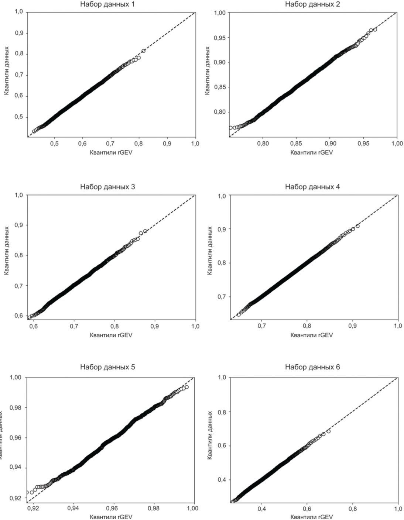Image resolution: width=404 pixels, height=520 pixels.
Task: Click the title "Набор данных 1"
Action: point(107,5)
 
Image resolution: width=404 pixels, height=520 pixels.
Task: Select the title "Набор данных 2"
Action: point(312,4)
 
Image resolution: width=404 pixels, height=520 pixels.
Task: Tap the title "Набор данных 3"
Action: point(107,187)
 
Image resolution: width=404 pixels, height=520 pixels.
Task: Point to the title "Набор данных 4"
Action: point(312,187)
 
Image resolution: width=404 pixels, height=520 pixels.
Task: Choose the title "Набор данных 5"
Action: point(107,367)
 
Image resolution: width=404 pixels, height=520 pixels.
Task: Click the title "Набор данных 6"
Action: point(312,367)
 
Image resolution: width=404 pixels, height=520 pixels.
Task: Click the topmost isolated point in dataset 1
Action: point(144,51)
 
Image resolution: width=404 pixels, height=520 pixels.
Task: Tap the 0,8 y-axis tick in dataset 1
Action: point(19,54)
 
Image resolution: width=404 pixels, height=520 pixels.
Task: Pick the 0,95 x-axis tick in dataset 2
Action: point(363,143)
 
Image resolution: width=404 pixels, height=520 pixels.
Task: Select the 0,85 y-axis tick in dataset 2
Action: point(220,87)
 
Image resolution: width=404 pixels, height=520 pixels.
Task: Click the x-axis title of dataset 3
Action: point(111,335)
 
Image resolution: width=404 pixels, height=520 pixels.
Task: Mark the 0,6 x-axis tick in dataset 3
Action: point(33,326)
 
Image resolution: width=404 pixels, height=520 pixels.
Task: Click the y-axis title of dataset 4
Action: point(210,251)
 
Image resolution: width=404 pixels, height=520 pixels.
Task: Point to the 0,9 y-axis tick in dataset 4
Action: point(222,229)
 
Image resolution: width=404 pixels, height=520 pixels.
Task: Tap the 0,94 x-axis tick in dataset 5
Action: point(73,508)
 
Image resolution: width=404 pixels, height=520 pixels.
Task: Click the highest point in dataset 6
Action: point(328,431)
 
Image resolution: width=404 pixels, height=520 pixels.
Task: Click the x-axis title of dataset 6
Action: point(312,517)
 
